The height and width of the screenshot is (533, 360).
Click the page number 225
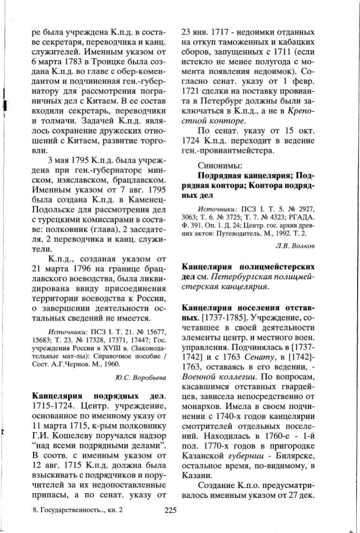[x=171, y=510]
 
